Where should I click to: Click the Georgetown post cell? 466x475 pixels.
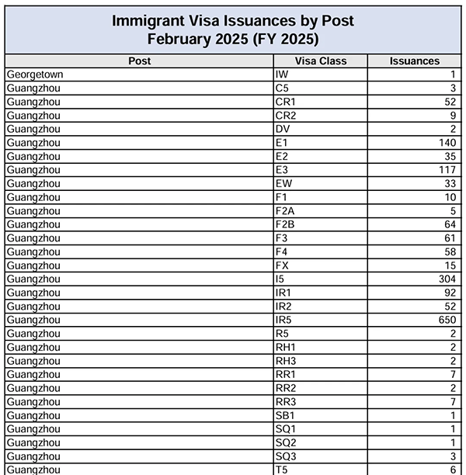pos(34,75)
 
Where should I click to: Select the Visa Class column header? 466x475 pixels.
pos(321,61)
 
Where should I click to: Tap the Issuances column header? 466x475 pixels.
pos(414,61)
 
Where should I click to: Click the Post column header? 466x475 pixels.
pos(140,61)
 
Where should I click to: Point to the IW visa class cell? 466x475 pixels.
pos(282,75)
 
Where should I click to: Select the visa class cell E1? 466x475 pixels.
pos(281,143)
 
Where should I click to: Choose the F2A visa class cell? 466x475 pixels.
pos(284,210)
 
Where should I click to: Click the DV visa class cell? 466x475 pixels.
pos(282,129)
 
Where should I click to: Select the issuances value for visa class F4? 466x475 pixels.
pos(450,251)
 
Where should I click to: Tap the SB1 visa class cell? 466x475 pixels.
pos(284,415)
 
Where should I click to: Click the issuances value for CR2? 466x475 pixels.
pos(453,116)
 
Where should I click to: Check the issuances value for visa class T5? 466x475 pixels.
pos(453,470)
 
